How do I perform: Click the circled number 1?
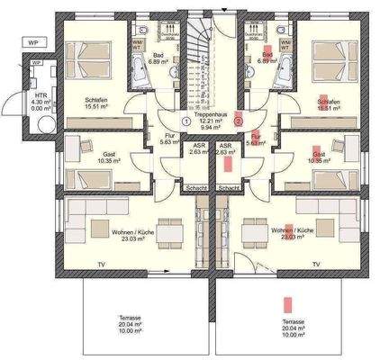click(185, 120)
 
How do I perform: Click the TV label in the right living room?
click(315, 264)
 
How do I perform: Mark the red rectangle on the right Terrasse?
click(288, 306)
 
